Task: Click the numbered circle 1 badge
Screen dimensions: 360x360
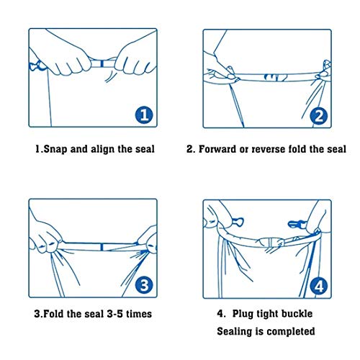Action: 144,115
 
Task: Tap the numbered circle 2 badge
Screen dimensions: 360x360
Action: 318,116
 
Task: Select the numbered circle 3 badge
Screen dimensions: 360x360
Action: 144,285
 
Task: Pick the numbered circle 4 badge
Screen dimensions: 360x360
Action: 318,287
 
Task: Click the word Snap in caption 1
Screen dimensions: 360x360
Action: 55,149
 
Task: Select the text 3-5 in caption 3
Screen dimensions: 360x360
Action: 114,314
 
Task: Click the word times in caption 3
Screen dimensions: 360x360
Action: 139,314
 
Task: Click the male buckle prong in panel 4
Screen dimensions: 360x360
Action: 297,224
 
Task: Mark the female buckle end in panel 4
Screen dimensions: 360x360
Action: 238,222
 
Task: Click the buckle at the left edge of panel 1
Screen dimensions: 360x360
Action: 37,66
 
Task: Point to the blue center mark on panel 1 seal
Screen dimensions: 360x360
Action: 102,63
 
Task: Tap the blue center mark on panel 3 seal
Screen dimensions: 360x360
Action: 102,247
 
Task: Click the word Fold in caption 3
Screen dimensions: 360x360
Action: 53,314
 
